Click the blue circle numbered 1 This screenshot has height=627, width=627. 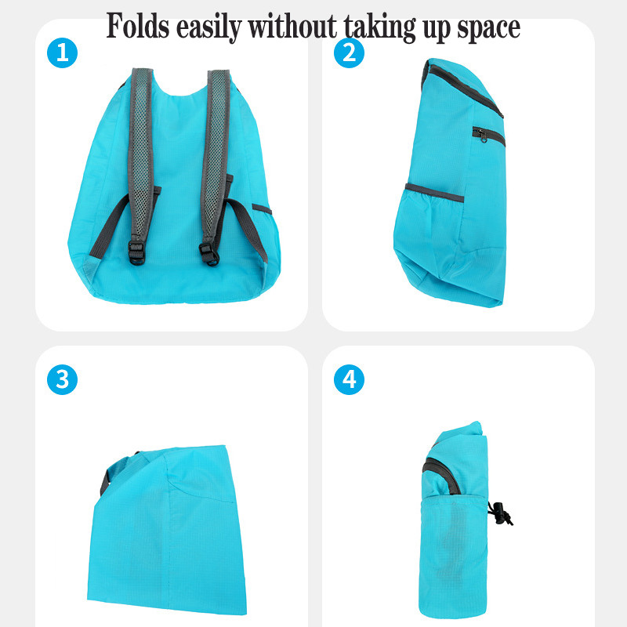pos(62,53)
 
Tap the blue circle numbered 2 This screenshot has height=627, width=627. pos(349,53)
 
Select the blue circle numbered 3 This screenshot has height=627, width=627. pos(62,379)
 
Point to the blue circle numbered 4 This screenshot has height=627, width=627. pos(349,379)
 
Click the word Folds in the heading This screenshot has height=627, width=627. pos(138,26)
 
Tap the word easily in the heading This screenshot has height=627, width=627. pos(208,28)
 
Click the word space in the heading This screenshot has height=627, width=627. pos(488,30)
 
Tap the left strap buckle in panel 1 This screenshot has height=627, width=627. pos(136,252)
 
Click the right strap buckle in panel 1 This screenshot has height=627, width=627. pos(209,254)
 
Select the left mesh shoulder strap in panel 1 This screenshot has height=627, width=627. pos(141,156)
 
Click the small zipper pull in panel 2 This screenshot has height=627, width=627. pos(484,136)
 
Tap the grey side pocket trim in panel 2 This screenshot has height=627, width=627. pos(434,193)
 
